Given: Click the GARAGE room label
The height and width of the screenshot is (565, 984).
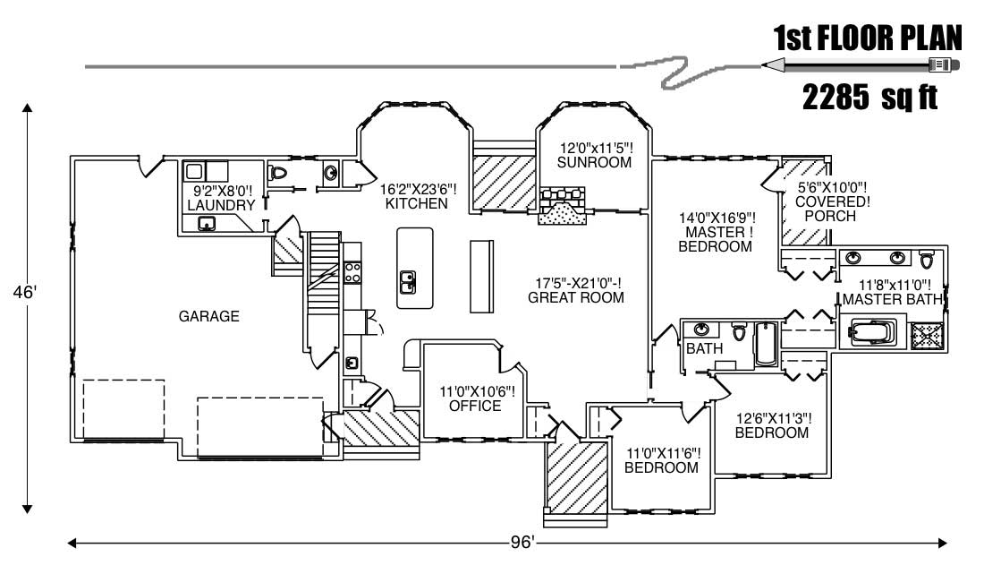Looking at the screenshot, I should pyautogui.click(x=208, y=315).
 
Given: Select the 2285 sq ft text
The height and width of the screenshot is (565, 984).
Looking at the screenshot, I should pyautogui.click(x=869, y=98).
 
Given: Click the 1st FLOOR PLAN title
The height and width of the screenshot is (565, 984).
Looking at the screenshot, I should pyautogui.click(x=867, y=39).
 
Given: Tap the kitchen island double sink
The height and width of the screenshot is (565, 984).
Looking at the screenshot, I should pyautogui.click(x=408, y=283).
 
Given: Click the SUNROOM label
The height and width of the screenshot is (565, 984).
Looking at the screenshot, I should pyautogui.click(x=594, y=162).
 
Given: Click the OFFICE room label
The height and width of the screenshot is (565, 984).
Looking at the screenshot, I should pyautogui.click(x=476, y=407).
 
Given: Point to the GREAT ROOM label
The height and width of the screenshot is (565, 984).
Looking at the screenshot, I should pyautogui.click(x=576, y=297).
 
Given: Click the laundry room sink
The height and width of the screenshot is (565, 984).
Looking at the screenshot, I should pyautogui.click(x=207, y=224).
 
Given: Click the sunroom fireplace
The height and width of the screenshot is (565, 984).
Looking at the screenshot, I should pyautogui.click(x=562, y=208).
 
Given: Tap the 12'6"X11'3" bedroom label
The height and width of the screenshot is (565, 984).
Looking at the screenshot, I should pyautogui.click(x=771, y=424).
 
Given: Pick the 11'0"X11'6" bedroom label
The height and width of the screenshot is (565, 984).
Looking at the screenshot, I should pyautogui.click(x=661, y=459).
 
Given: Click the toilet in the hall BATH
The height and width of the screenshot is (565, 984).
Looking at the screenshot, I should pyautogui.click(x=739, y=332).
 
